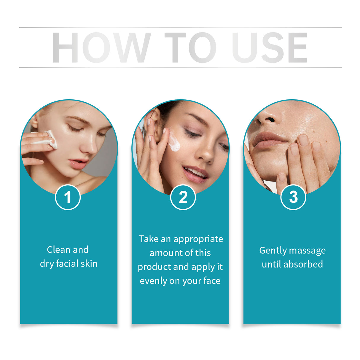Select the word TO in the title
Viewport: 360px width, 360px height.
(190, 47)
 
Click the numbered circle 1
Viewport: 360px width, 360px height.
(68, 197)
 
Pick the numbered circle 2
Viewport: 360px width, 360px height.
(183, 197)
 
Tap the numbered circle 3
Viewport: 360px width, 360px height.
(293, 197)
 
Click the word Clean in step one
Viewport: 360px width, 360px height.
(58, 250)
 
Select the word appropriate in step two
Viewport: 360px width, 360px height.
(198, 239)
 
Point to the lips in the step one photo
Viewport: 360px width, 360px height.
(78, 163)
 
